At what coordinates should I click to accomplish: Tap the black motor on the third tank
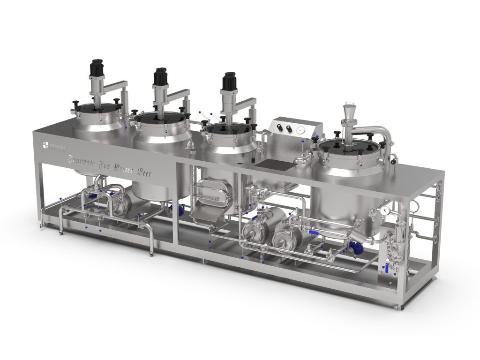click(229, 82)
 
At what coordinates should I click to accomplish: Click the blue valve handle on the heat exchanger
click(385, 268)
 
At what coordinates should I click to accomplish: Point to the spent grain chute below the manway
click(202, 213)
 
